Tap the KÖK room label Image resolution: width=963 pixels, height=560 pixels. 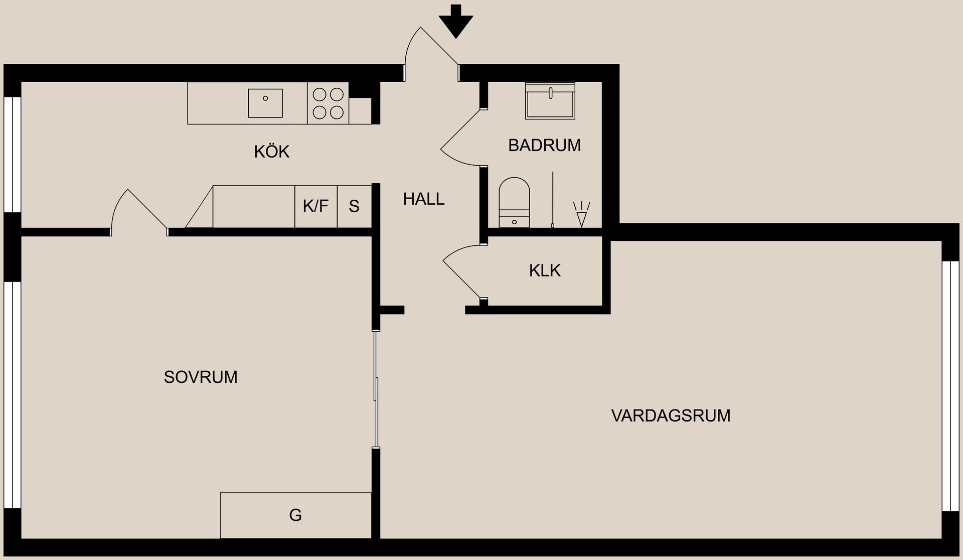pyautogui.click(x=272, y=152)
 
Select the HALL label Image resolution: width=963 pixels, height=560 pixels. pyautogui.click(x=424, y=199)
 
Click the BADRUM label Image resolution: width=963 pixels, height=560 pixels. pyautogui.click(x=544, y=146)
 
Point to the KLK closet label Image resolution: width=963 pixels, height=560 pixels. pyautogui.click(x=545, y=271)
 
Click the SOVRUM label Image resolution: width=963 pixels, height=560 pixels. pyautogui.click(x=201, y=377)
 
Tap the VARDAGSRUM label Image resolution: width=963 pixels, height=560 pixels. pyautogui.click(x=671, y=415)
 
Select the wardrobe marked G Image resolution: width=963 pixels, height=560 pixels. pyautogui.click(x=295, y=515)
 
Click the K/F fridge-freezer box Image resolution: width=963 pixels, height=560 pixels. pyautogui.click(x=315, y=206)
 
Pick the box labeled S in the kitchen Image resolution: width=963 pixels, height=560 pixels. pyautogui.click(x=354, y=206)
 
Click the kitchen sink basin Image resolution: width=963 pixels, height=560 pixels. pyautogui.click(x=265, y=103)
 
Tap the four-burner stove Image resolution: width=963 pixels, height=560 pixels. pyautogui.click(x=328, y=103)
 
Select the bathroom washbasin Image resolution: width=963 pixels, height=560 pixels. pyautogui.click(x=550, y=101)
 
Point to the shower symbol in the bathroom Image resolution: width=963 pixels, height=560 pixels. pyautogui.click(x=582, y=214)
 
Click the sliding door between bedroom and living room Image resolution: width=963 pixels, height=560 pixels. pyautogui.click(x=376, y=389)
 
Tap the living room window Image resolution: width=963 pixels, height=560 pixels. pyautogui.click(x=946, y=386)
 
